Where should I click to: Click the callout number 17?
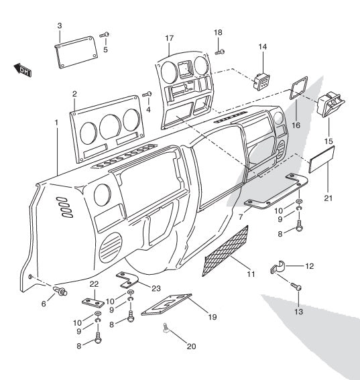(169, 38)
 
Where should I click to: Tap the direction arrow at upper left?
(23, 69)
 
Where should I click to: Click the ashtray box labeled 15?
(330, 105)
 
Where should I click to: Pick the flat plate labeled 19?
(167, 306)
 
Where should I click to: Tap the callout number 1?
(56, 123)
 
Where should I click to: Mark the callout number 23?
(156, 288)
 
